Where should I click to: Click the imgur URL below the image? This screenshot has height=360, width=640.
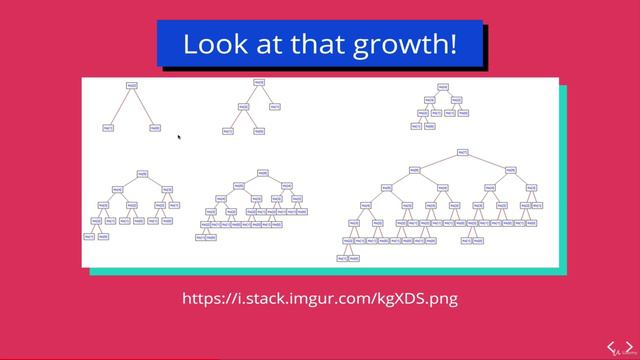coord(320,298)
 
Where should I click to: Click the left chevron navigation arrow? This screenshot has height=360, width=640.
coord(603,347)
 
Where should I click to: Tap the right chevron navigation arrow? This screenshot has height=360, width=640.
coord(626,347)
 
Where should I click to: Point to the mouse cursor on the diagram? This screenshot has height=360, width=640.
coord(178,137)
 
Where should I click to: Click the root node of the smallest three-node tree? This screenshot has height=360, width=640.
coord(132,86)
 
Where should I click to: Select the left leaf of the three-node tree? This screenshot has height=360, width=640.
coord(109,127)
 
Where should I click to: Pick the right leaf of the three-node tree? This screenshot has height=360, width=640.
coord(155,127)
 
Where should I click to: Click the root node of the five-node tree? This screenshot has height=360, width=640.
coord(259,83)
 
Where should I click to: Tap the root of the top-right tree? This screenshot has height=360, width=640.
coord(443,87)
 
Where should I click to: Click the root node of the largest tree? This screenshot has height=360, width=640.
coord(463,152)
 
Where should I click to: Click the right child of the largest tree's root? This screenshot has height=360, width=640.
coord(511,170)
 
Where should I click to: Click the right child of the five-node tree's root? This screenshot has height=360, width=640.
coord(275,107)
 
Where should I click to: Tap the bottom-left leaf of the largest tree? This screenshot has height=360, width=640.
coord(341,258)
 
